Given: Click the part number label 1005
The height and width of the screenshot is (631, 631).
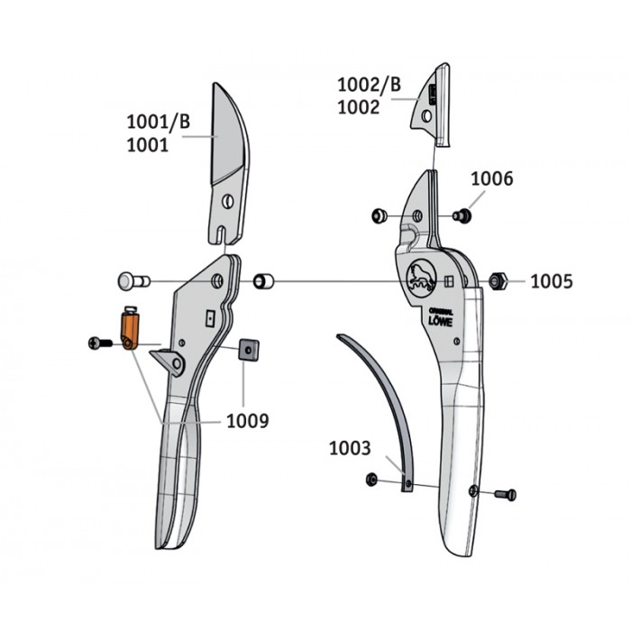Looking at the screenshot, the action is [x=552, y=281].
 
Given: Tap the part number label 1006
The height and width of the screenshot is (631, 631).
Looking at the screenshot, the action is [x=492, y=178].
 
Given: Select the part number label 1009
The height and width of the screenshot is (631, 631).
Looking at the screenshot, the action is [x=248, y=421].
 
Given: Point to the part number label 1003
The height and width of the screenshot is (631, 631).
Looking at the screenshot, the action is [x=350, y=448].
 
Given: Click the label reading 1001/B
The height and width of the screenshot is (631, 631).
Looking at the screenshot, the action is [x=158, y=122].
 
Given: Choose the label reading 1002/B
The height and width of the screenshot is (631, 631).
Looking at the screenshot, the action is [x=369, y=85].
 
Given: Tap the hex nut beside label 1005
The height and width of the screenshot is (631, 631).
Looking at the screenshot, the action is [x=498, y=281].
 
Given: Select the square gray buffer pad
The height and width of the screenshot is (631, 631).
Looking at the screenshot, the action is [x=249, y=350].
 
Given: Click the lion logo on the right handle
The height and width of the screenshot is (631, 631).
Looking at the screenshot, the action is [x=421, y=277].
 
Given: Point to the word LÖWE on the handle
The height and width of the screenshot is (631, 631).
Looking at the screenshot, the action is [x=440, y=321].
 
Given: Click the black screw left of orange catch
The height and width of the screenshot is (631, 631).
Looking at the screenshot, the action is [x=100, y=343].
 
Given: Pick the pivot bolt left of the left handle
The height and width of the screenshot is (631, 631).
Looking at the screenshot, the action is [x=133, y=281].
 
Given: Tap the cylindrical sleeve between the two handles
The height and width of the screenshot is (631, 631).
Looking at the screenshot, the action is [x=263, y=281].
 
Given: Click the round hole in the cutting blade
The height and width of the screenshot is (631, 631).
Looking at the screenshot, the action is [x=228, y=201].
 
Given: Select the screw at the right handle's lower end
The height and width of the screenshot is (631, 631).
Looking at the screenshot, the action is [x=506, y=494].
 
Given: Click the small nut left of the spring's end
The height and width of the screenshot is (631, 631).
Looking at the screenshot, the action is [x=371, y=480].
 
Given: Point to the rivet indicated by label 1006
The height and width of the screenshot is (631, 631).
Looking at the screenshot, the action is [x=462, y=215].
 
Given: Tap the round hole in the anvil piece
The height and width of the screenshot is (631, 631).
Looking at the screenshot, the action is [x=426, y=116].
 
